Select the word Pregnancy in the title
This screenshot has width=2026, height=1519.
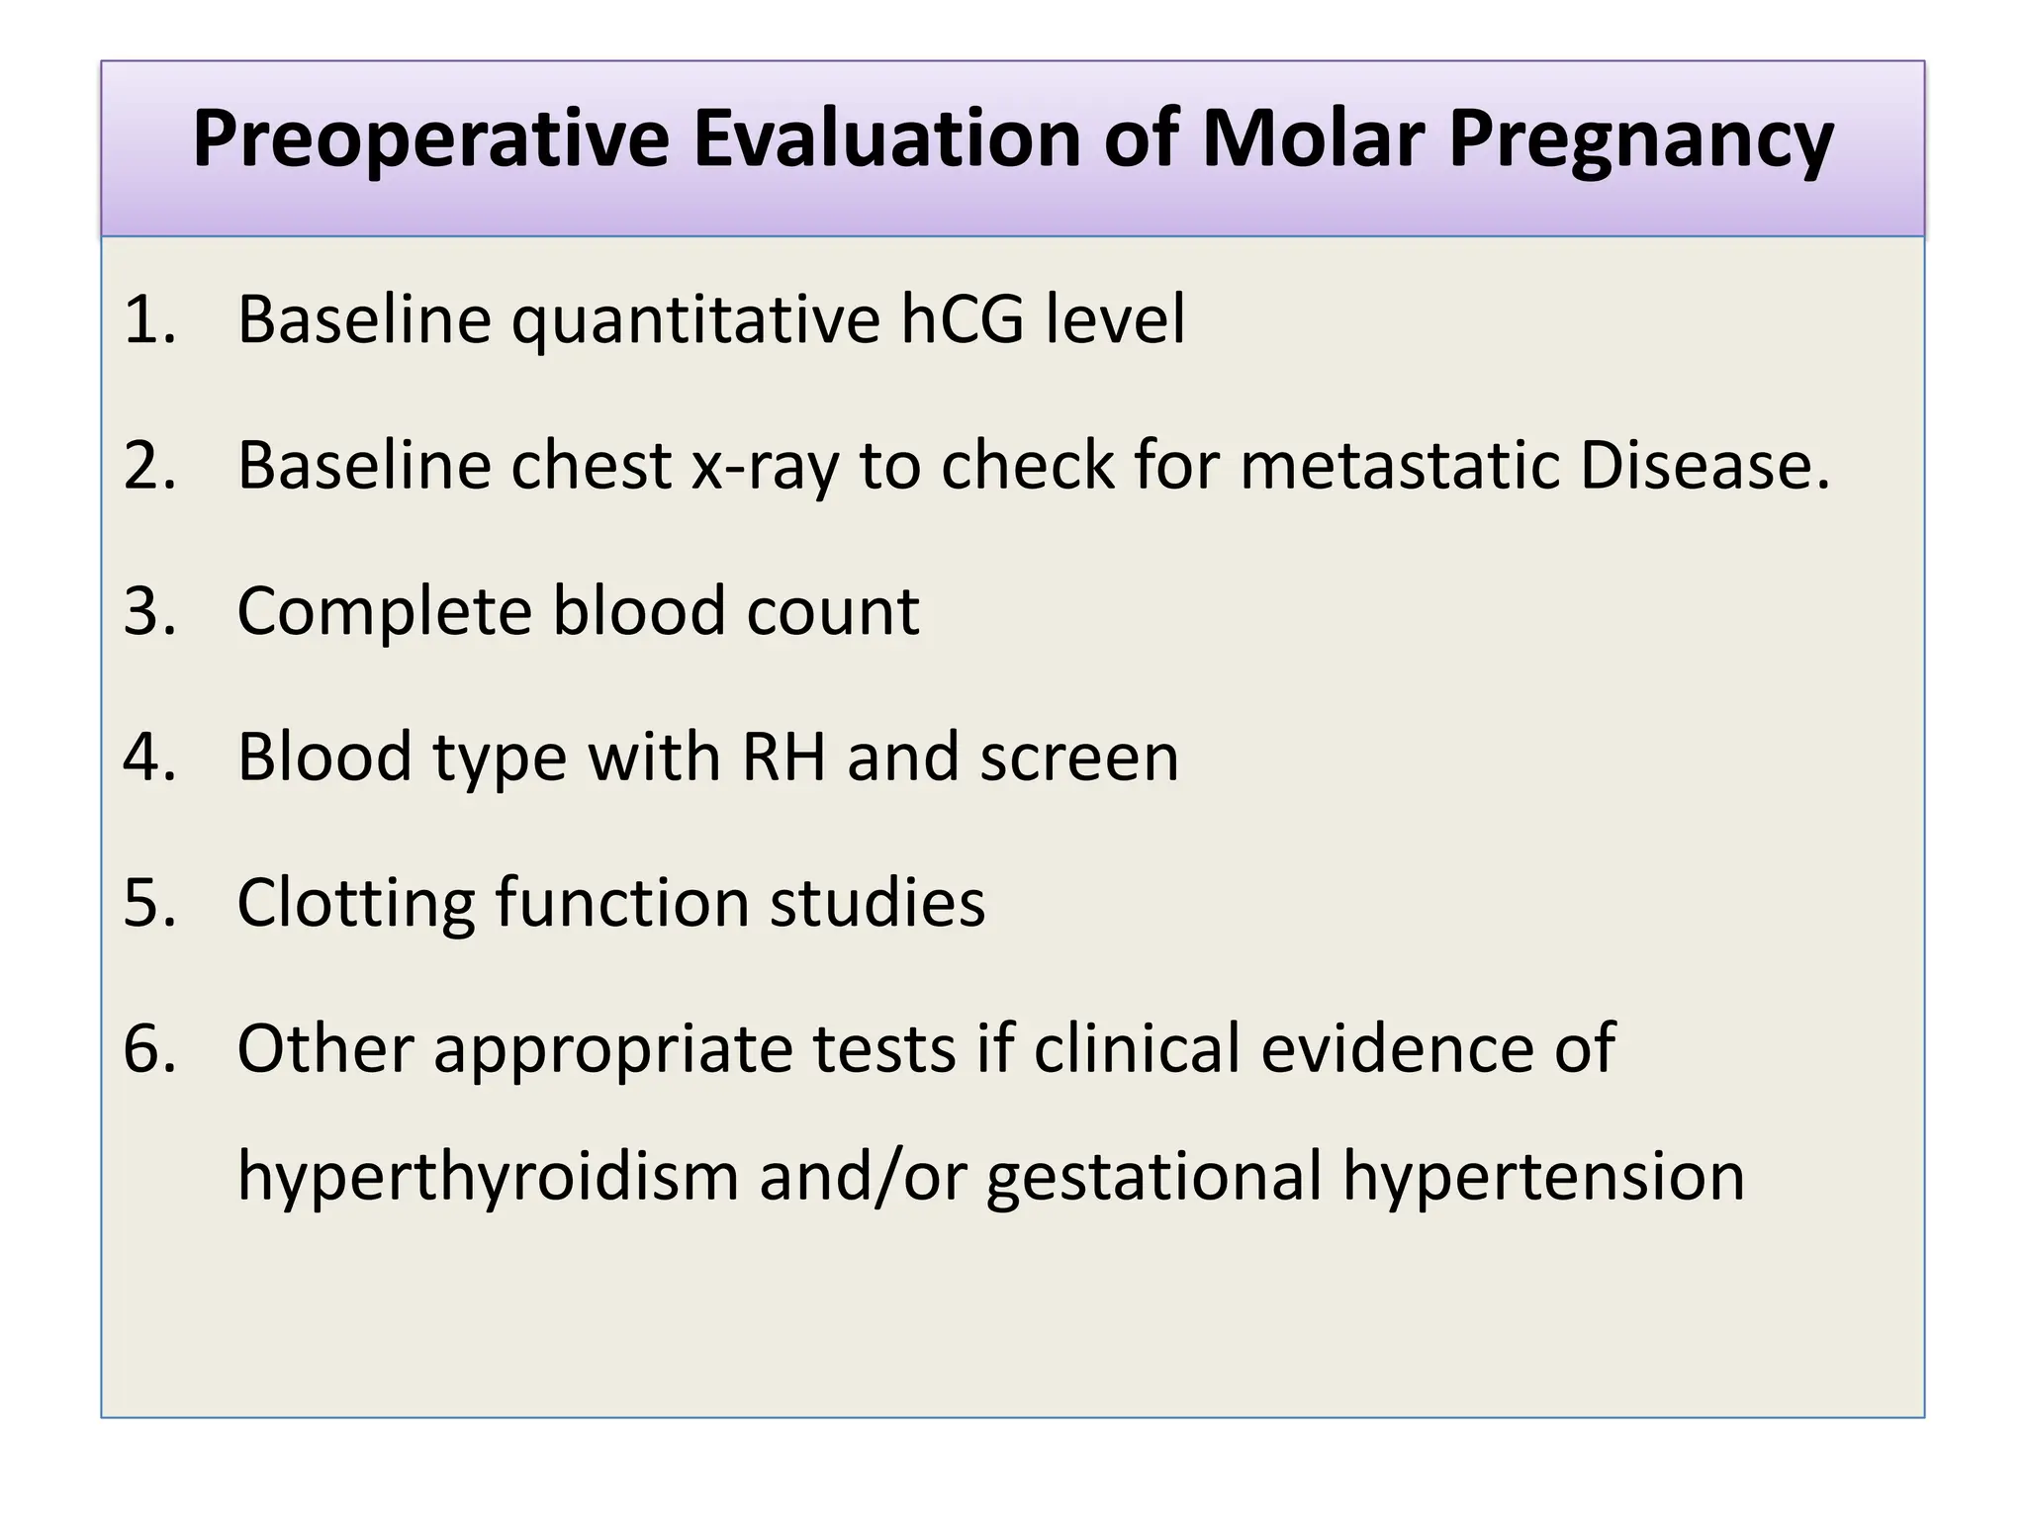pos(1641,140)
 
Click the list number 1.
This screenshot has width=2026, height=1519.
pos(148,320)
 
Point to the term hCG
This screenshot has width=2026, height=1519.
pos(962,320)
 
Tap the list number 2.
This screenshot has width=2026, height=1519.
pos(148,466)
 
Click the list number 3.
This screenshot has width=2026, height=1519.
pos(148,611)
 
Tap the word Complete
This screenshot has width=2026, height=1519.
pos(384,611)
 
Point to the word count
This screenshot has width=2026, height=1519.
pos(833,611)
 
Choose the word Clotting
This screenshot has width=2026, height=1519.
pos(356,903)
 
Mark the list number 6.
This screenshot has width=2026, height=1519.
pos(148,1048)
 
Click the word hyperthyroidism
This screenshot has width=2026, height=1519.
pos(488,1177)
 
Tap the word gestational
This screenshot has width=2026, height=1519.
pos(1154,1177)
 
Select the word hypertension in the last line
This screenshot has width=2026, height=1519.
pos(1543,1177)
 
